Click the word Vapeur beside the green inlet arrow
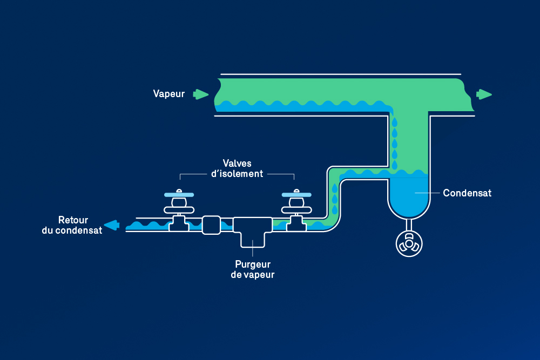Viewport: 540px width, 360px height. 168,94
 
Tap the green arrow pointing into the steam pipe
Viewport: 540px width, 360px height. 201,94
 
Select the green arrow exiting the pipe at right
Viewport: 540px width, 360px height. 484,94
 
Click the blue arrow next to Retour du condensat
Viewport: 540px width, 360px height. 112,225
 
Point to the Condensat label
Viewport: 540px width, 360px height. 467,193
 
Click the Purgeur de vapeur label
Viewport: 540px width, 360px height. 253,269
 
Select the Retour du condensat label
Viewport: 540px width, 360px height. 72,226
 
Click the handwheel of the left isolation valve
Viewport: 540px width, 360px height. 179,194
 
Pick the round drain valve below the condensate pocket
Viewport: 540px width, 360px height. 409,244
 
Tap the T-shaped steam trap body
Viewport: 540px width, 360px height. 253,230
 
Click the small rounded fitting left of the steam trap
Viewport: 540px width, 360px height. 211,225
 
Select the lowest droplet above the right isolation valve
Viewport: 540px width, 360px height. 334,208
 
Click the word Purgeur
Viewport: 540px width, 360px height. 253,264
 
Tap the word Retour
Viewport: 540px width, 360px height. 73,220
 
